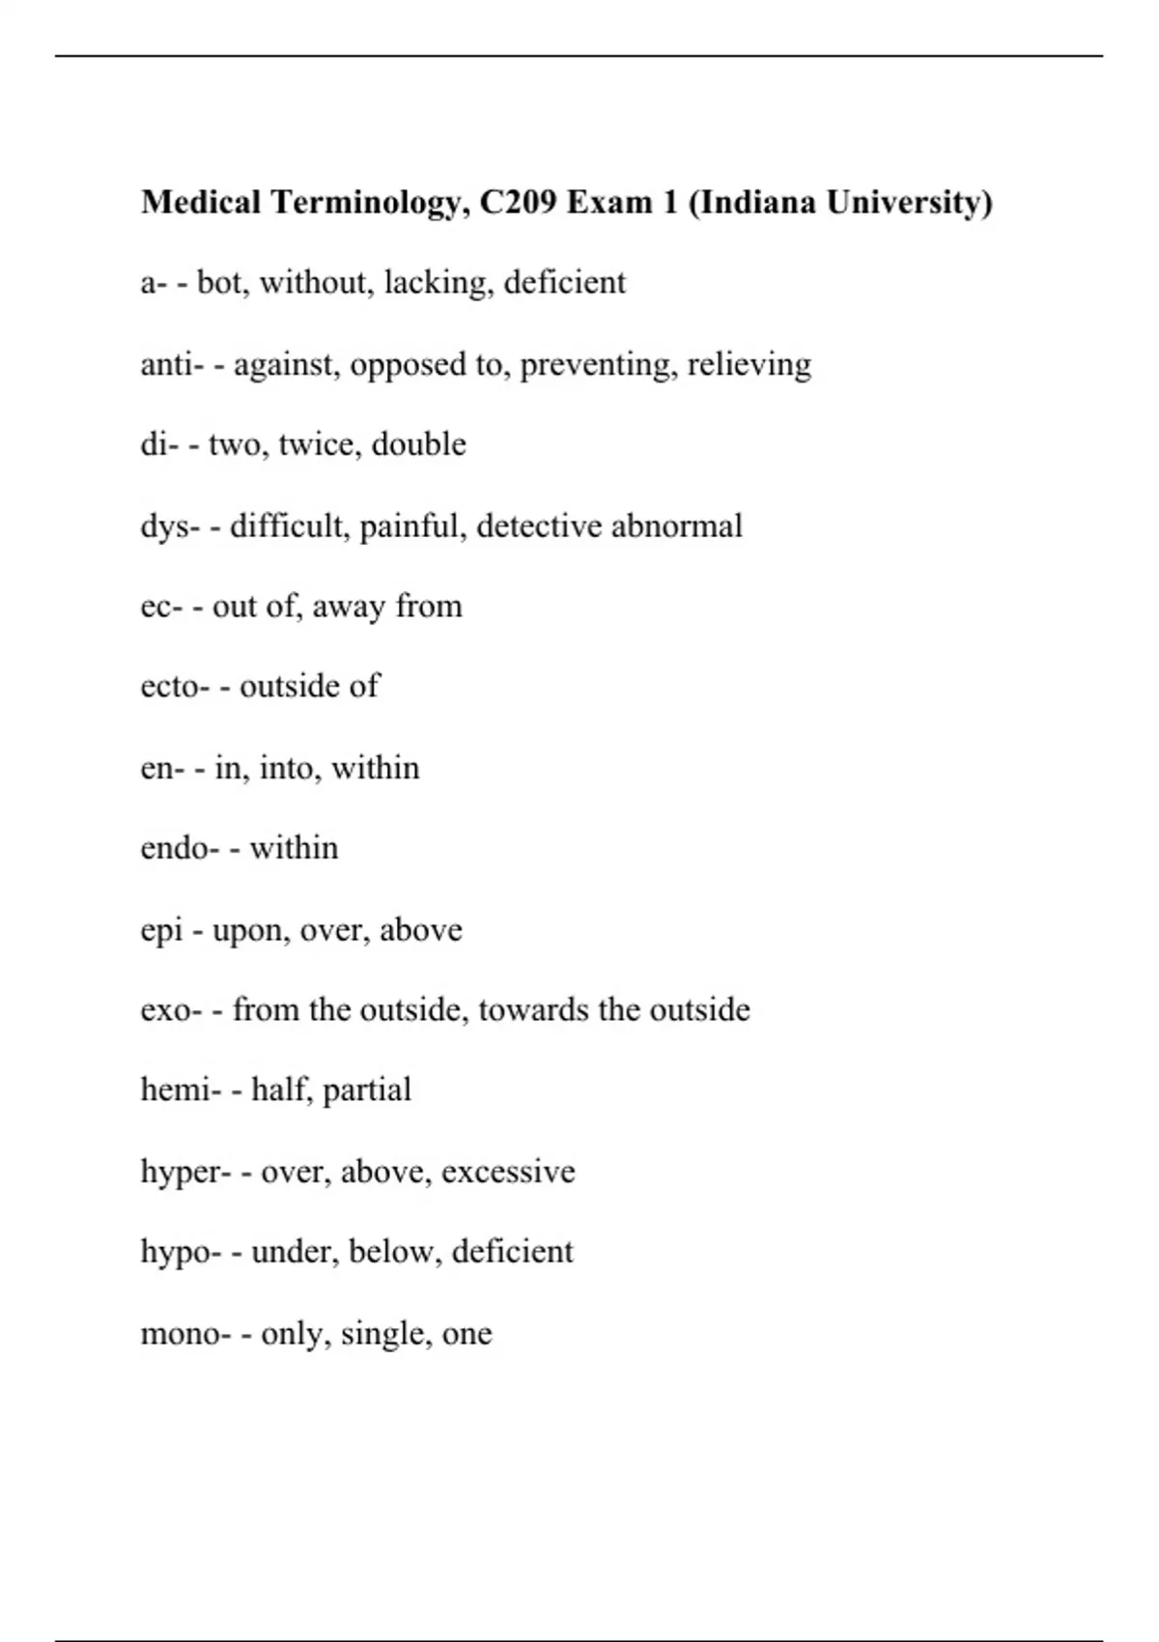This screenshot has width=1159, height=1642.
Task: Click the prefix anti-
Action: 172,364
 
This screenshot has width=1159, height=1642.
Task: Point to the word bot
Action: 220,283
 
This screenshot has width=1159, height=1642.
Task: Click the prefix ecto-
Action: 175,687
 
